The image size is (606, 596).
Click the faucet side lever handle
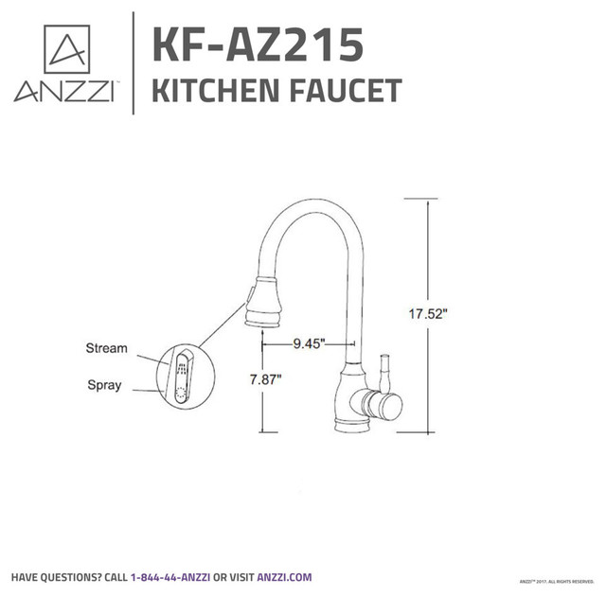point(385,375)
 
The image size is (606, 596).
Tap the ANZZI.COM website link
point(284,576)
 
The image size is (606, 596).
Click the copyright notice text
point(558,579)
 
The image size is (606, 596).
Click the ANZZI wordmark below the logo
point(64,93)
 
